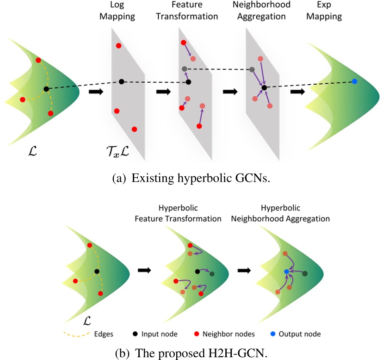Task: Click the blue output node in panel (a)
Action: pyautogui.click(x=354, y=81)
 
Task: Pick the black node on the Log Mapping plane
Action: pyautogui.click(x=121, y=82)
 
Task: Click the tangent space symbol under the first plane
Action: pyautogui.click(x=118, y=150)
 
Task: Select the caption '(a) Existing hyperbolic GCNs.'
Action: pyautogui.click(x=191, y=178)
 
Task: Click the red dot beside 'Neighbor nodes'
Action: pyautogui.click(x=197, y=333)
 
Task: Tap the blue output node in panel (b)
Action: pyautogui.click(x=286, y=272)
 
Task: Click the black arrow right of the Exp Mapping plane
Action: pyautogui.click(x=297, y=92)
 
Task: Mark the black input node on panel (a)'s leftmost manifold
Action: pyautogui.click(x=46, y=89)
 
